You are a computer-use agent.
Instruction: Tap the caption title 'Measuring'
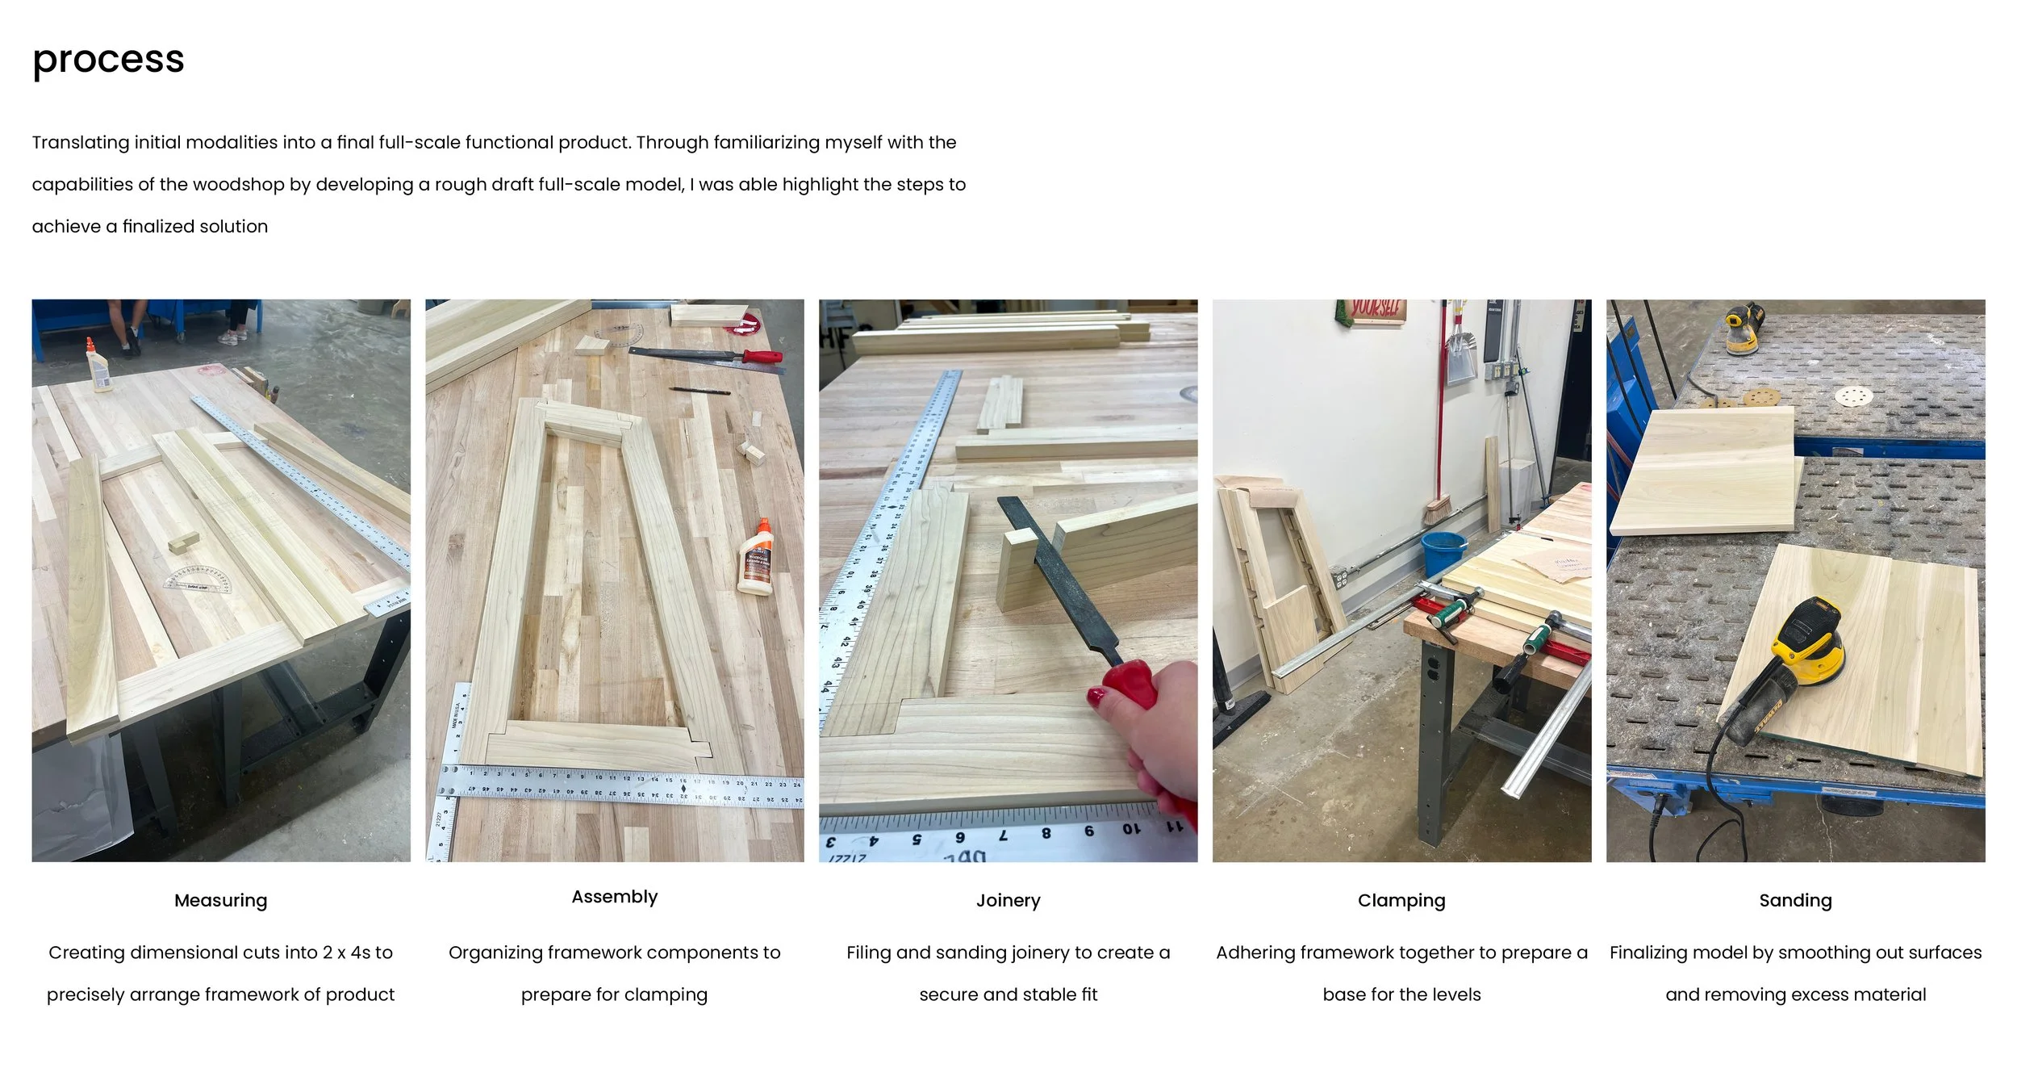pos(220,900)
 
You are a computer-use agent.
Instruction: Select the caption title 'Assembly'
pos(615,897)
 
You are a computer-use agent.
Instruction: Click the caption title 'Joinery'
pos(1008,900)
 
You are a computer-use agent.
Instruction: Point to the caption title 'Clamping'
pos(1401,900)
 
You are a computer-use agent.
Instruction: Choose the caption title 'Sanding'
pos(1795,900)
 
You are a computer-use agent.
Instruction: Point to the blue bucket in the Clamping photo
pos(1443,553)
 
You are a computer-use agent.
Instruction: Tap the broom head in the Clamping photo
pos(1439,511)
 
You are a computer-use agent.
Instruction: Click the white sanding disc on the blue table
pos(1854,396)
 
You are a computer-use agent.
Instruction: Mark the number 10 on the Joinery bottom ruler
pos(1131,830)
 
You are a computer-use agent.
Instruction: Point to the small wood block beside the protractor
pos(184,542)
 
